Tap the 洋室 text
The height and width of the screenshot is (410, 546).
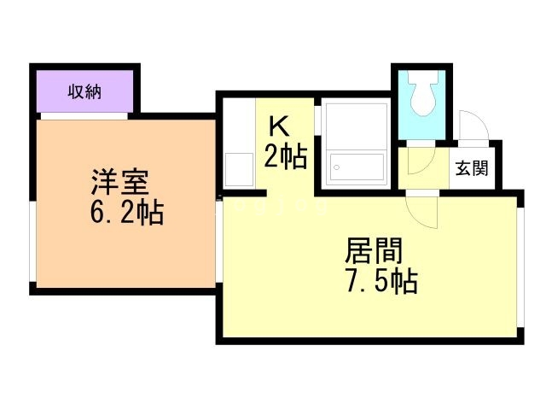120,183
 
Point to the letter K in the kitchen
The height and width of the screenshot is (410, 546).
280,127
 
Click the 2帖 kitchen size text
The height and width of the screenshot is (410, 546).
285,156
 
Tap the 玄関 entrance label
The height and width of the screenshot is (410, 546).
471,168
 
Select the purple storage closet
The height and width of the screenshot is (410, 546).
84,90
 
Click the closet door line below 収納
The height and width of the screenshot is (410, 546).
84,114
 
